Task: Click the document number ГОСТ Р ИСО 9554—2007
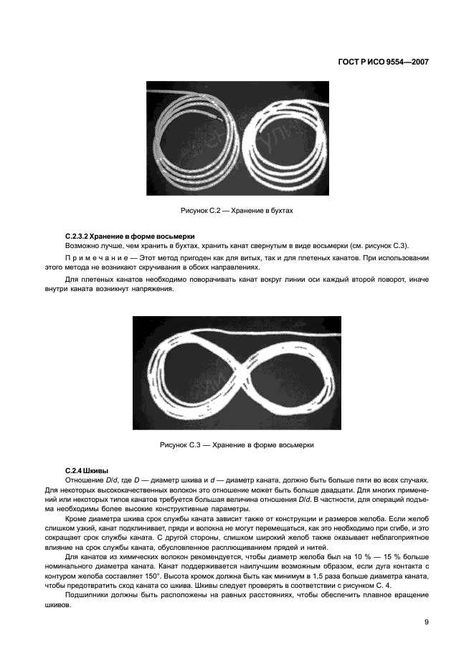[383, 62]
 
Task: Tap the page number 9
[426, 622]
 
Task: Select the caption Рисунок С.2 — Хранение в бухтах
[237, 211]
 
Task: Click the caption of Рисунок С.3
[237, 444]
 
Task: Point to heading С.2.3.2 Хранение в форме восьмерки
[129, 236]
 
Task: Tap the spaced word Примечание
[98, 257]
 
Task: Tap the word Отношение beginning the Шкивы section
[85, 479]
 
